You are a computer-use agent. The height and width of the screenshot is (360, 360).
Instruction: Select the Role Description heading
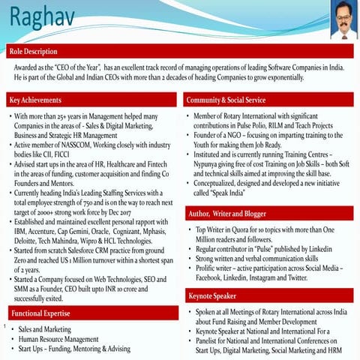(x=34, y=52)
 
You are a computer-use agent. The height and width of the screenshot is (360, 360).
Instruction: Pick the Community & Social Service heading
(x=235, y=100)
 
